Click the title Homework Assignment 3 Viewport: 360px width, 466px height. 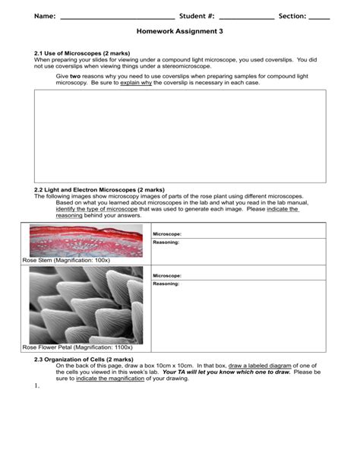tap(180, 34)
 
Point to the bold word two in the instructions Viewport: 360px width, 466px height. tap(75, 76)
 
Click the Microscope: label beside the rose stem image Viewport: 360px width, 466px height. tap(167, 234)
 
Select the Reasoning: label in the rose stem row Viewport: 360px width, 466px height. tap(166, 243)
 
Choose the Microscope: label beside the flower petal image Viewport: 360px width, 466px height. tap(167, 275)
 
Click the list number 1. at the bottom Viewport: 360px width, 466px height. tap(36, 386)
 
